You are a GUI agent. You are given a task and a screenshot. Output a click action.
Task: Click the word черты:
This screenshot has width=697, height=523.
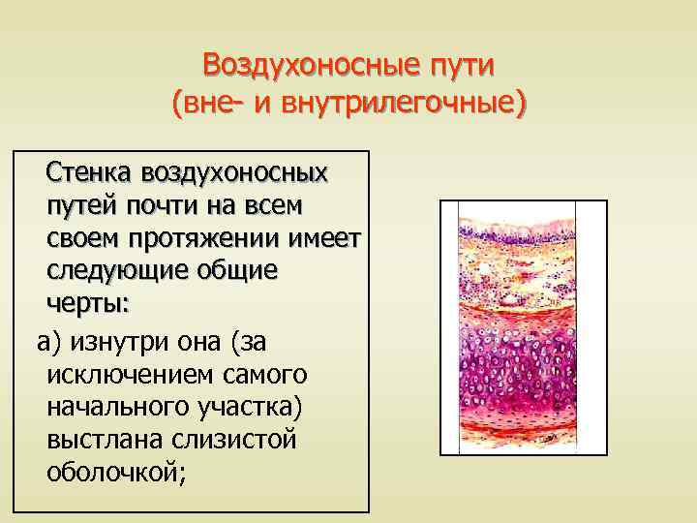(x=85, y=303)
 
